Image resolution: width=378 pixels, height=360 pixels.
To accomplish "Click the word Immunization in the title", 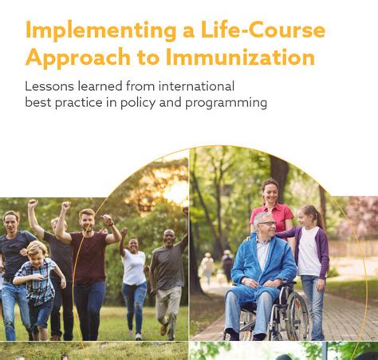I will (x=240, y=57).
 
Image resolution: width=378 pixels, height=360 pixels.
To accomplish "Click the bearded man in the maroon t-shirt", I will (x=89, y=263).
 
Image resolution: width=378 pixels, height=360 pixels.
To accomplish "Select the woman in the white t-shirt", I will (x=134, y=275).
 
